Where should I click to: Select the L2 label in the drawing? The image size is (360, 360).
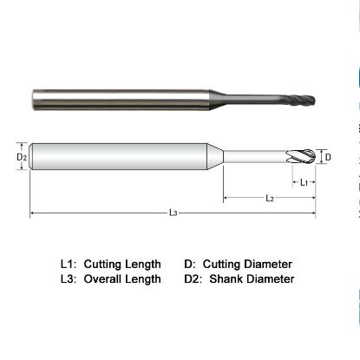coord(270,199)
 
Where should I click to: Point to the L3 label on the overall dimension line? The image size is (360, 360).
coord(173,212)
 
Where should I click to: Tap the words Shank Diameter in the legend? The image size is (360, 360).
coord(252,278)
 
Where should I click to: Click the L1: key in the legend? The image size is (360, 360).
coord(69,264)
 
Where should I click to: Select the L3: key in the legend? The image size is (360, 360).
coord(69,278)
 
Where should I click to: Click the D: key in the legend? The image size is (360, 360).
coord(189,264)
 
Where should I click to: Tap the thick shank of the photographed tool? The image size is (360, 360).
coord(121,95)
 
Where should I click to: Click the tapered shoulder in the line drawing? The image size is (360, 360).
coord(218,157)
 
